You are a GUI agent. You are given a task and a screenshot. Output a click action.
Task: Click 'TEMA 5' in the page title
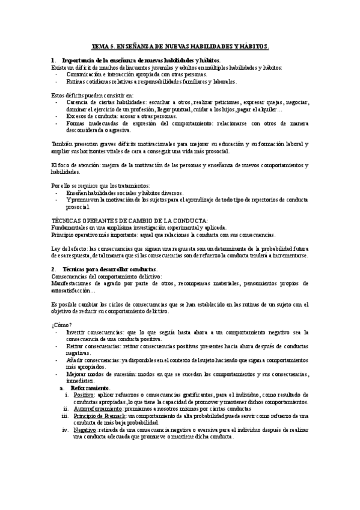click(102, 46)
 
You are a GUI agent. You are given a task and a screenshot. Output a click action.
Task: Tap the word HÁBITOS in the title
click(252, 46)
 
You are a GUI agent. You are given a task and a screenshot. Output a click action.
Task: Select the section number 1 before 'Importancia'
click(53, 61)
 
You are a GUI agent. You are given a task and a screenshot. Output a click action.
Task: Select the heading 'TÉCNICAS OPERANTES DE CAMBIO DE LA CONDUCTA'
click(130, 221)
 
